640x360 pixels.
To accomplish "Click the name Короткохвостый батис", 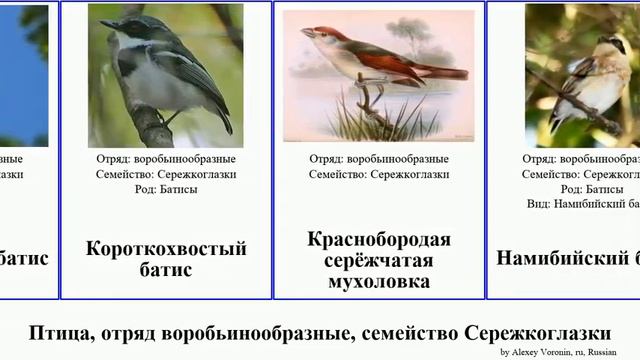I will [x=166, y=259].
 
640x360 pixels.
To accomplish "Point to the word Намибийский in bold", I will [x=560, y=258].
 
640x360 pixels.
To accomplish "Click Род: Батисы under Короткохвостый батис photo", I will [x=166, y=189].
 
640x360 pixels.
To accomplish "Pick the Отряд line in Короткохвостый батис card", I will [x=166, y=159].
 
